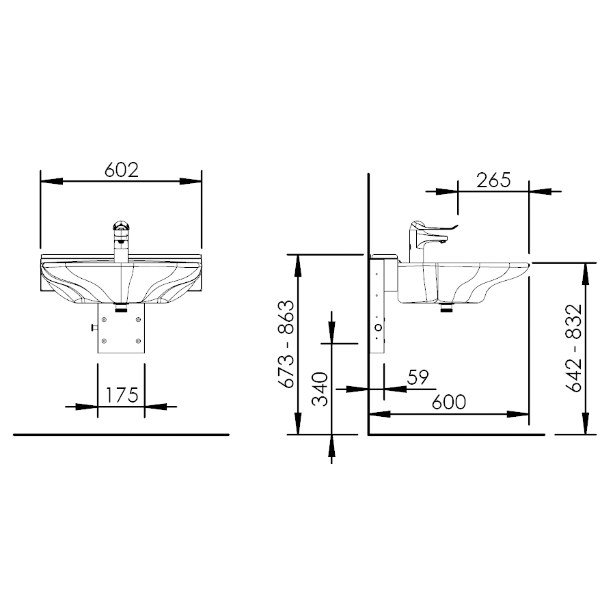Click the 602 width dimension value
click(x=122, y=170)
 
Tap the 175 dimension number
click(x=122, y=395)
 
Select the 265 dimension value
click(x=493, y=180)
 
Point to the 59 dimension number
click(x=418, y=377)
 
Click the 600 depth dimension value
click(x=449, y=402)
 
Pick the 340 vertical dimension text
click(x=320, y=389)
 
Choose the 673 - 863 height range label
click(x=286, y=344)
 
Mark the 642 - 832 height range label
click(x=573, y=348)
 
